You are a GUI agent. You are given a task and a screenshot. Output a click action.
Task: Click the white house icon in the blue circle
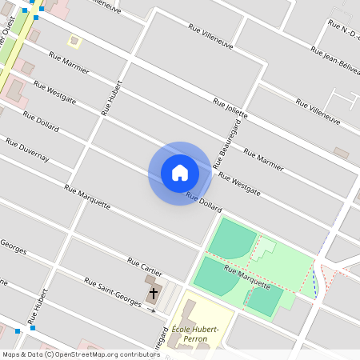point(180,173)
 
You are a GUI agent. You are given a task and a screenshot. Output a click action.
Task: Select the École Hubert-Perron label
point(190,334)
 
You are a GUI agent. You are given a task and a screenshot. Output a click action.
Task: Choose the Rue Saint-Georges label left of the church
point(113,289)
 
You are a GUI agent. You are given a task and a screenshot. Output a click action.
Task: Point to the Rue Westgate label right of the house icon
point(239,184)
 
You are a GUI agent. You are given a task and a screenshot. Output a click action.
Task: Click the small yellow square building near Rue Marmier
point(74,40)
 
